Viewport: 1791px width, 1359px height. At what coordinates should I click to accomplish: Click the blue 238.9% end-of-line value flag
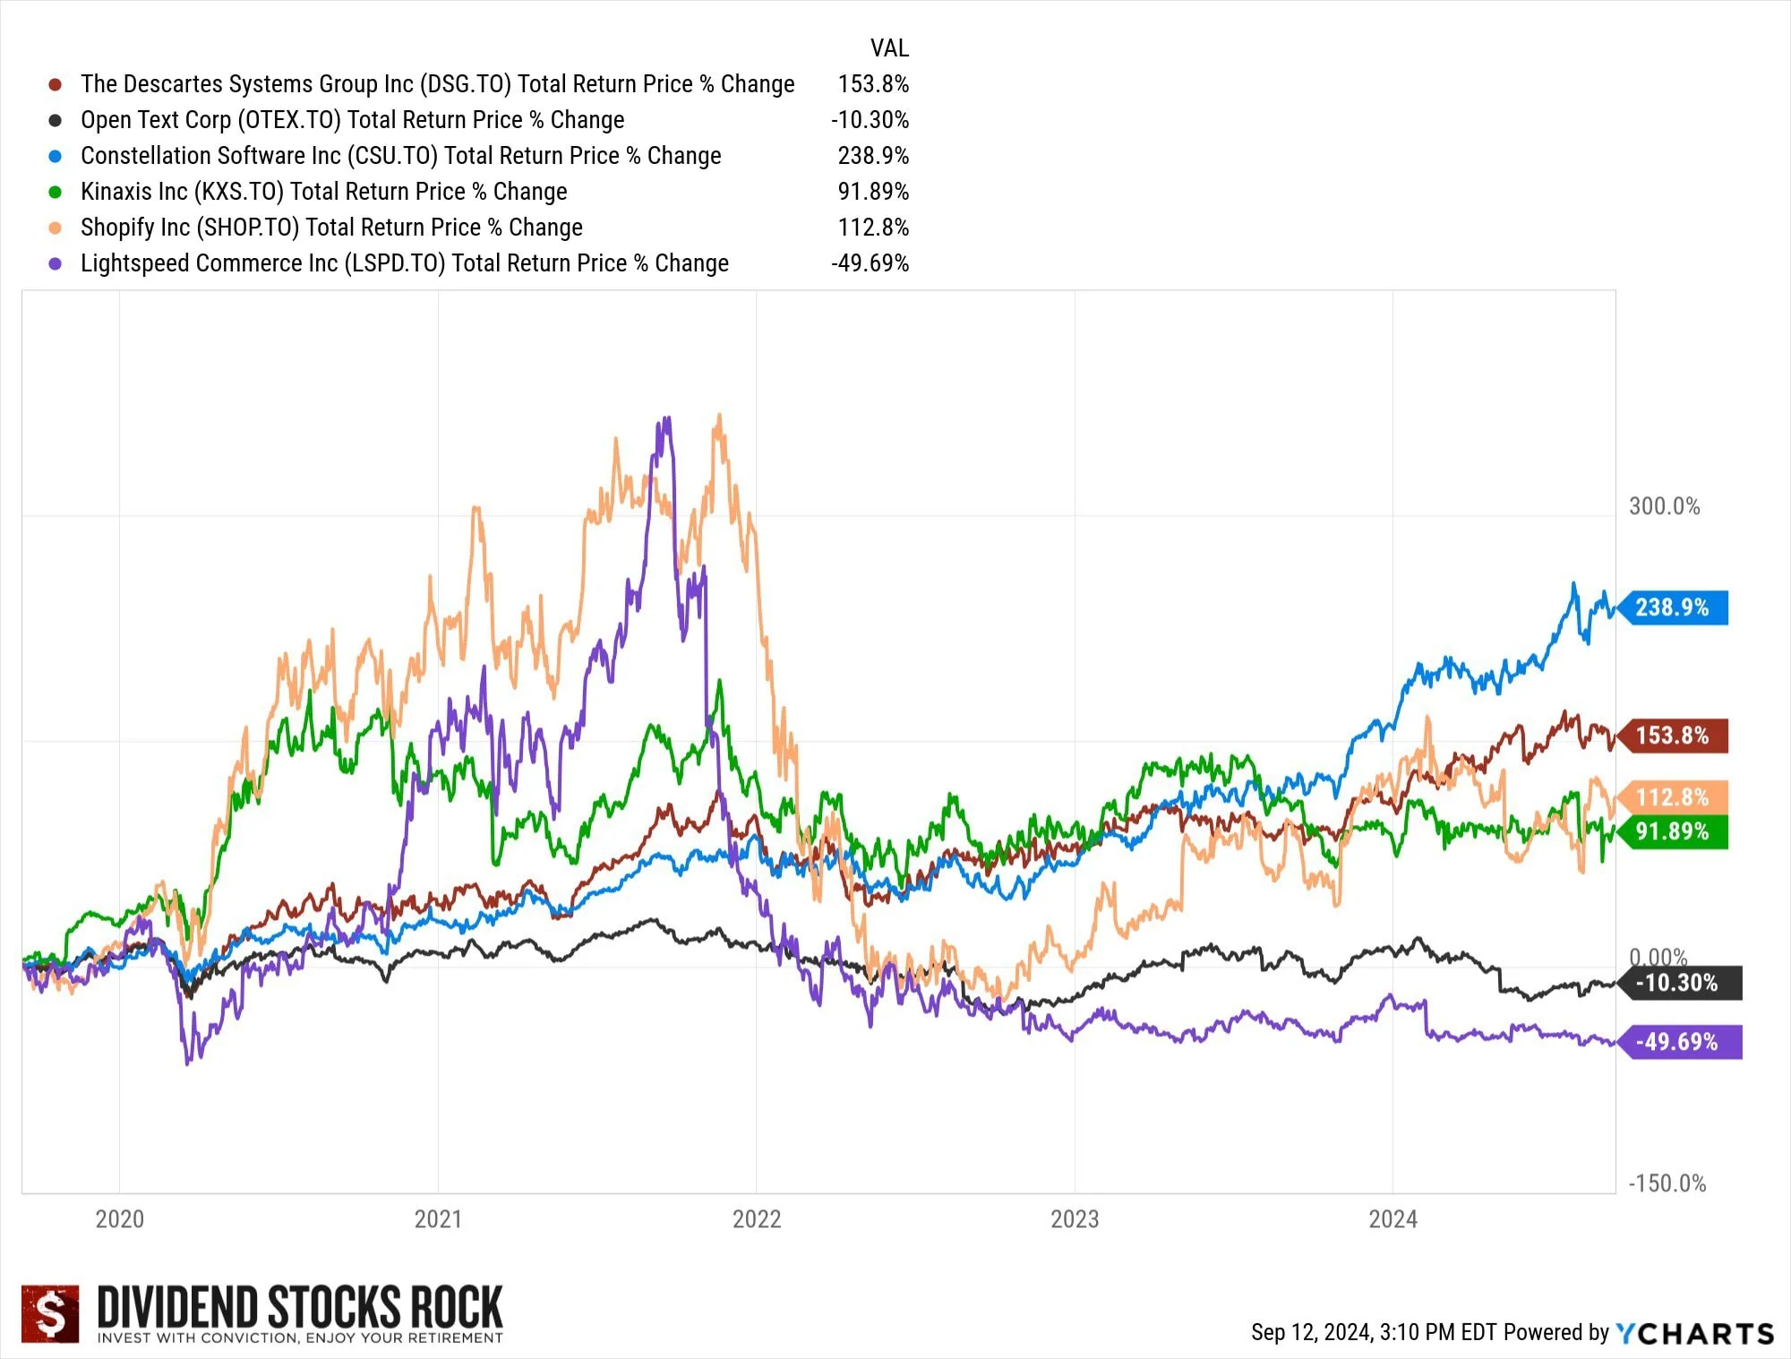pyautogui.click(x=1673, y=607)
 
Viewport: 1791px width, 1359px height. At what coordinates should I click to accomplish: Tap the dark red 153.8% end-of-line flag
pyautogui.click(x=1673, y=735)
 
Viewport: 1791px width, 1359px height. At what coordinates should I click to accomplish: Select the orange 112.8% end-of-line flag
pyautogui.click(x=1673, y=797)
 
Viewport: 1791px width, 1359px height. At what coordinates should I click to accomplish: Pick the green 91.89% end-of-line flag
pyautogui.click(x=1673, y=831)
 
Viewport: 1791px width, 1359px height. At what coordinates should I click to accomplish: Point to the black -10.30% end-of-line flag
pyautogui.click(x=1678, y=983)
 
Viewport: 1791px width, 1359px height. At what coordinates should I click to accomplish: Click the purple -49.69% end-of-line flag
pyautogui.click(x=1678, y=1042)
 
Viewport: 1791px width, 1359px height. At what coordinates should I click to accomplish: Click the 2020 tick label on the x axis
pyautogui.click(x=120, y=1219)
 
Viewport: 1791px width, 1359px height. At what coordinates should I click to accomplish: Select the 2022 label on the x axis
pyautogui.click(x=757, y=1219)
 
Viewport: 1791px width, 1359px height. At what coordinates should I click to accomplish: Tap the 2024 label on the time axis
pyautogui.click(x=1393, y=1219)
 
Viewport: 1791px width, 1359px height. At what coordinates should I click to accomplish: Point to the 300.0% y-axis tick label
pyautogui.click(x=1664, y=506)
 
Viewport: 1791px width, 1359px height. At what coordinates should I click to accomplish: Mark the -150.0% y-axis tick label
pyautogui.click(x=1667, y=1183)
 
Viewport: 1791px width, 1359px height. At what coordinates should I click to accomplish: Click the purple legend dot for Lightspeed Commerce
pyautogui.click(x=56, y=263)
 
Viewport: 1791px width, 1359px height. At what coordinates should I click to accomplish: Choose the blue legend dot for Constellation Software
pyautogui.click(x=56, y=156)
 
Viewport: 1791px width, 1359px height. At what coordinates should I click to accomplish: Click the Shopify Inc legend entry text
pyautogui.click(x=331, y=228)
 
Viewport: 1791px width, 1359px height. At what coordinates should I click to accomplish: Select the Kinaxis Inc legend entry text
pyautogui.click(x=323, y=192)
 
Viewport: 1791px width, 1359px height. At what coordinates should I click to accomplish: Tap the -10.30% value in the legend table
pyautogui.click(x=870, y=120)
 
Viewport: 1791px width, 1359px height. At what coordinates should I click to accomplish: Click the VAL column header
pyautogui.click(x=889, y=48)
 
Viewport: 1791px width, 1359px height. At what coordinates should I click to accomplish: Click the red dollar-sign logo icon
pyautogui.click(x=50, y=1314)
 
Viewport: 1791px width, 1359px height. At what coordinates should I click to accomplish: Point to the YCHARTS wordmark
pyautogui.click(x=1695, y=1334)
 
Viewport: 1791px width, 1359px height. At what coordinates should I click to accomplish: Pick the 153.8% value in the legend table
pyautogui.click(x=873, y=84)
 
